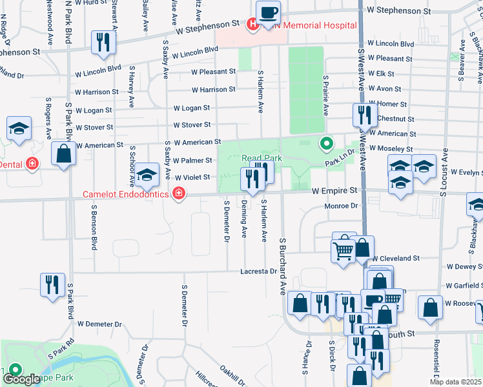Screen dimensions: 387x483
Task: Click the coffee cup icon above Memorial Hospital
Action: point(268,12)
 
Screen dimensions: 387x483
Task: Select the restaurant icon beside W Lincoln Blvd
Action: point(103,43)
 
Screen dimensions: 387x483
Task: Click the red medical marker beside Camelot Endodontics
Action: point(178,193)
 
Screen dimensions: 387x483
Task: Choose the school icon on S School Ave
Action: point(147,174)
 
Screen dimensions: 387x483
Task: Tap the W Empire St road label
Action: point(334,191)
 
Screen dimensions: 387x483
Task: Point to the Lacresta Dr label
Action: point(259,272)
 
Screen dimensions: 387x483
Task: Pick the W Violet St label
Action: point(192,177)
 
